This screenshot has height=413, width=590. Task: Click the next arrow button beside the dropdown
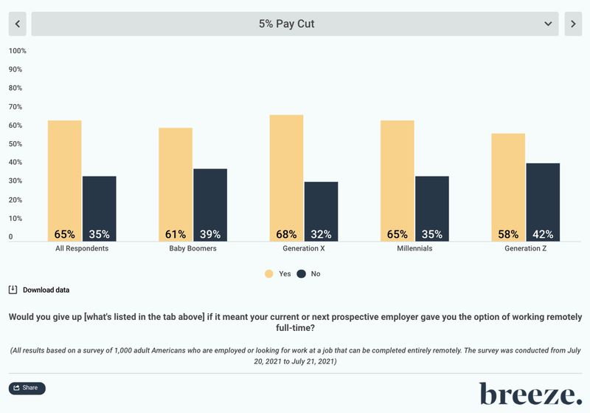(x=573, y=24)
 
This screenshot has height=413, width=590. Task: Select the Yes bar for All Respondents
(x=65, y=177)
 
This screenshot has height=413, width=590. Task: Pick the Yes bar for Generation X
(x=286, y=174)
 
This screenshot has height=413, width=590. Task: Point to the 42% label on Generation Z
(x=543, y=234)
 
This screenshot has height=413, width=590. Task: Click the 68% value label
(x=286, y=234)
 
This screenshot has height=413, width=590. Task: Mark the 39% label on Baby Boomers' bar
(x=210, y=234)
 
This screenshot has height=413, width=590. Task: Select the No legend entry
(x=309, y=273)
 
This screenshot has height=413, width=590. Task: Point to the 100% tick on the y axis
(x=17, y=51)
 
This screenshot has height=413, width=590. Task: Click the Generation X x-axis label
(x=303, y=248)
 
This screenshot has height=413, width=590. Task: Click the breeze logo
(x=530, y=394)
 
